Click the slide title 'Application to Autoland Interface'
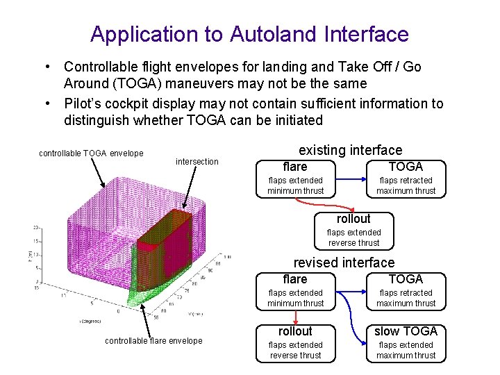[x=249, y=33]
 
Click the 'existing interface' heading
[x=350, y=150]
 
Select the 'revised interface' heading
[x=344, y=262]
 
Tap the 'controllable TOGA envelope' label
[x=91, y=153]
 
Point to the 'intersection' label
[x=197, y=162]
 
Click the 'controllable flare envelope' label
[x=153, y=340]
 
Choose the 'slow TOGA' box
[x=406, y=342]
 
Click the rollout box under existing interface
[x=353, y=231]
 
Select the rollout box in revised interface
[x=295, y=342]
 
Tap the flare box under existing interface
[x=295, y=178]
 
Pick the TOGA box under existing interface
[x=406, y=178]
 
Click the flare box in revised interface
[x=295, y=291]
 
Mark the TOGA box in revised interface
[x=406, y=291]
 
